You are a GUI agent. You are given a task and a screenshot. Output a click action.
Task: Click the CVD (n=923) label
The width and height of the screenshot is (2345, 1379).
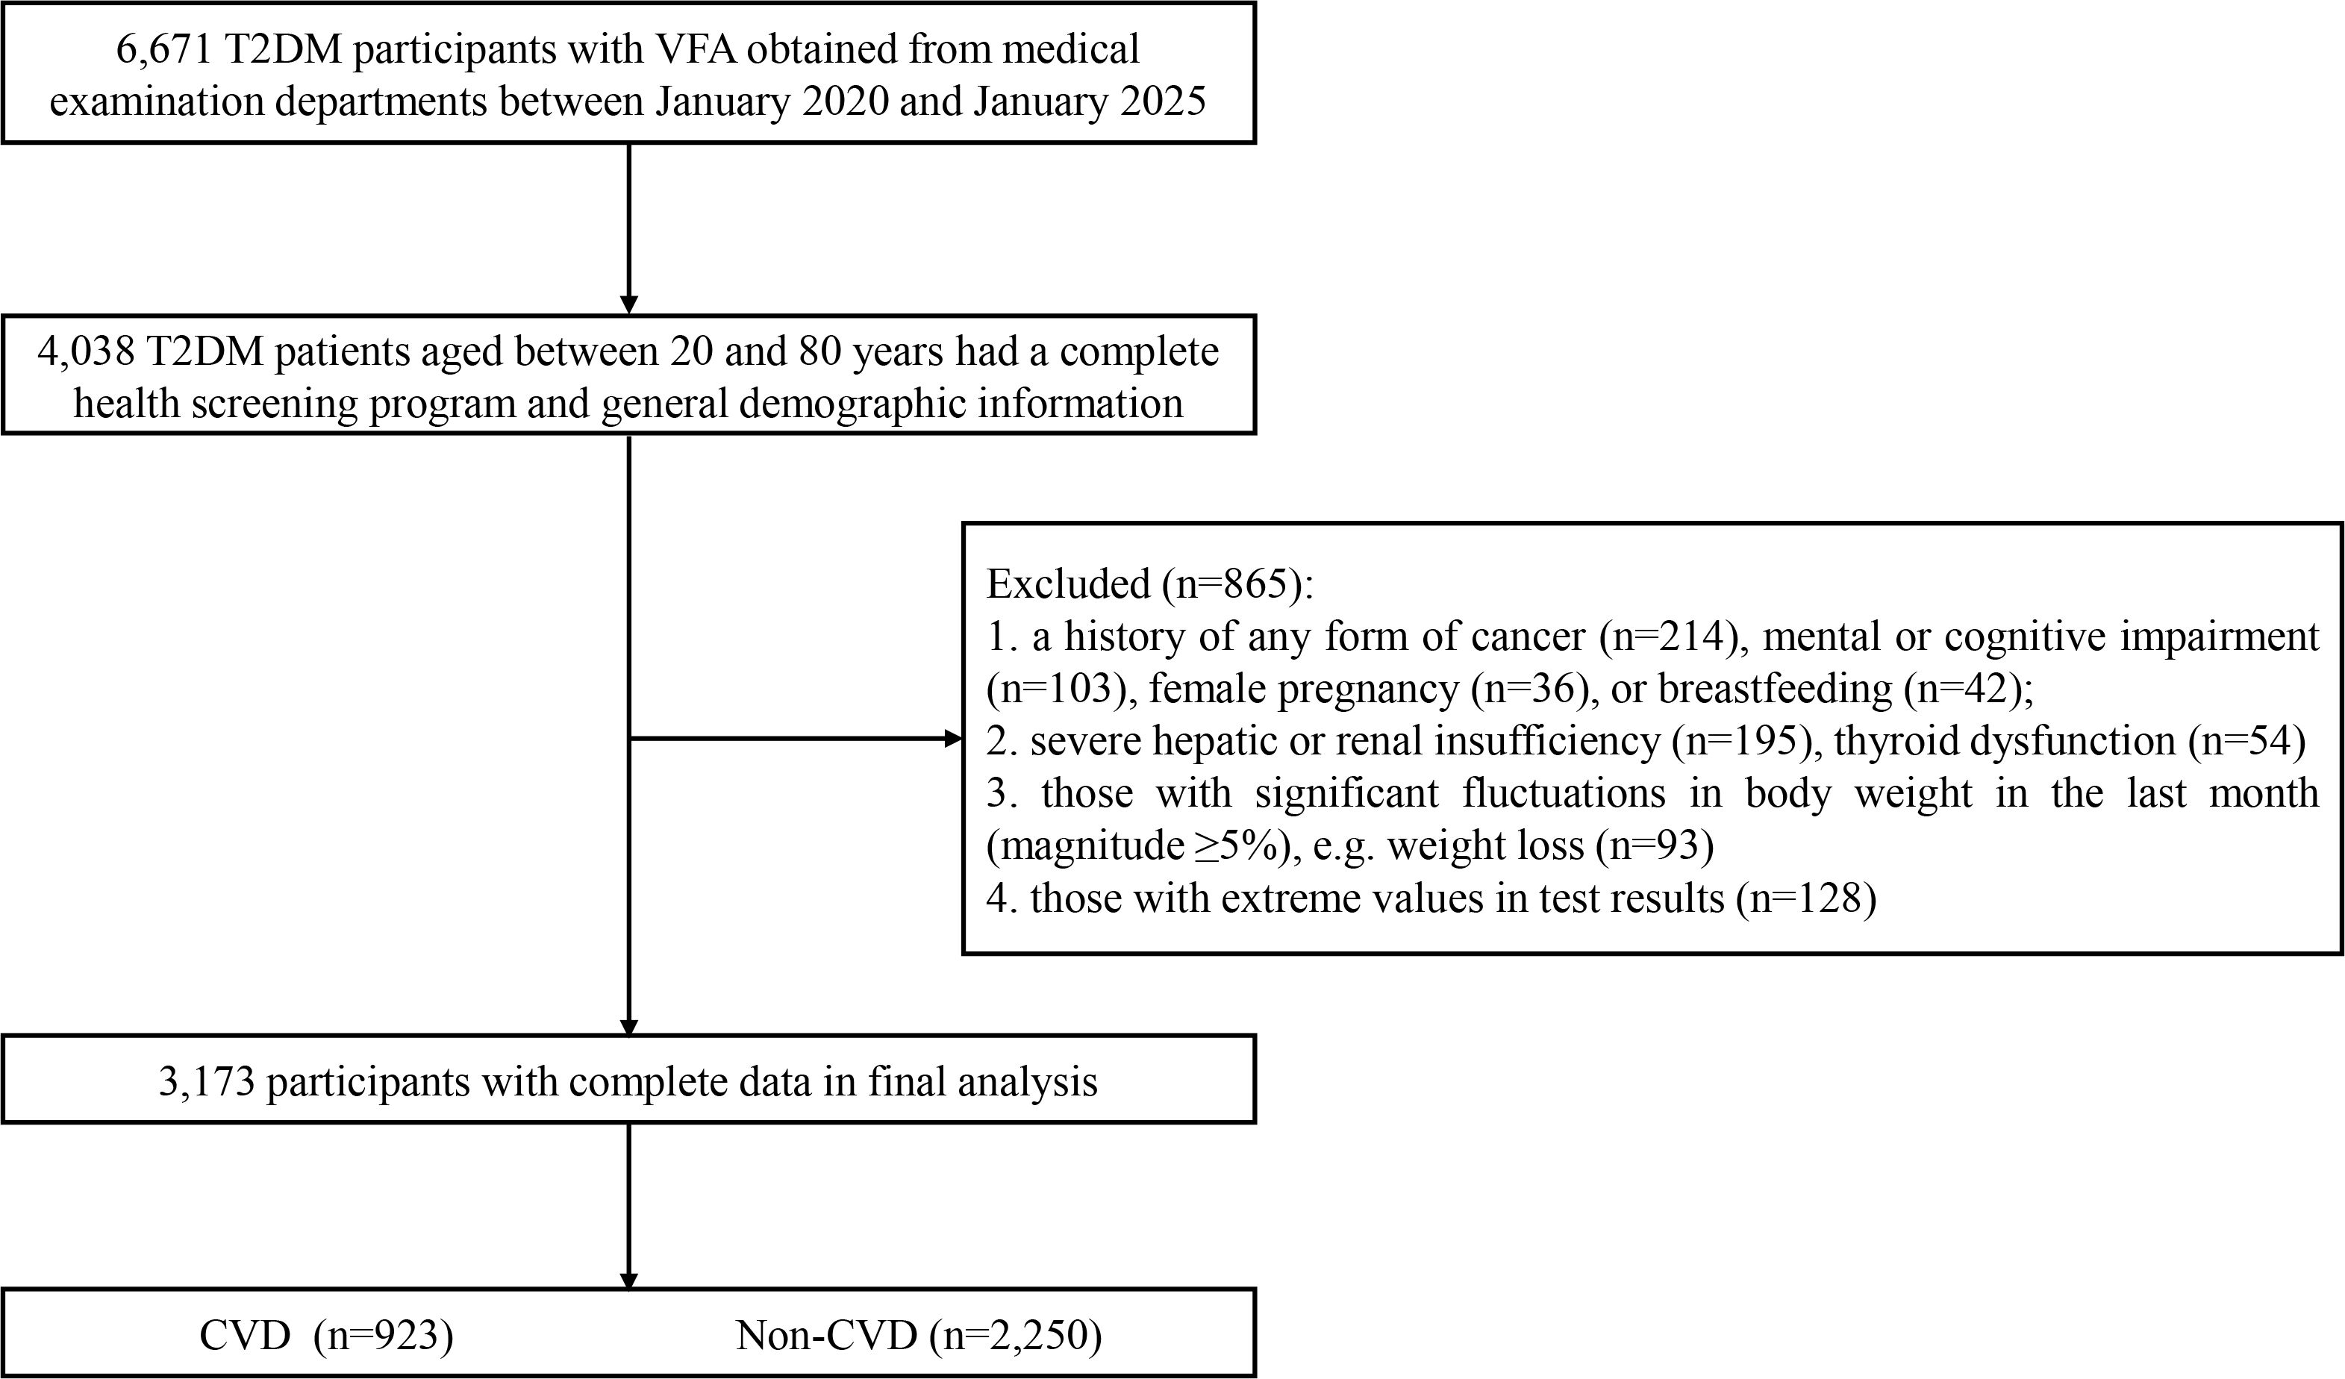click(x=325, y=1335)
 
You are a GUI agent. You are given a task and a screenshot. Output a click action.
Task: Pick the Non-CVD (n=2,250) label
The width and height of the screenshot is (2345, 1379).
click(x=919, y=1335)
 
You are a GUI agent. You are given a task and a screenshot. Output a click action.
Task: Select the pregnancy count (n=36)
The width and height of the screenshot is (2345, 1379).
click(x=1535, y=689)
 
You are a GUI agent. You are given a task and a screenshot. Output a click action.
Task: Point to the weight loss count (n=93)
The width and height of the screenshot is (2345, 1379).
click(x=1655, y=845)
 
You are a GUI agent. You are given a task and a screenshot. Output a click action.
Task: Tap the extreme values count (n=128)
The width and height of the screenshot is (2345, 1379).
click(x=1805, y=898)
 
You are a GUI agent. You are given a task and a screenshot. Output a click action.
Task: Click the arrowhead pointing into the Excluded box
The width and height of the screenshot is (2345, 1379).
click(x=953, y=739)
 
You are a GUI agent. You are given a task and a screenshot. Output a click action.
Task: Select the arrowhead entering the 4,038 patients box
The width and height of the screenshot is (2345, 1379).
click(x=629, y=305)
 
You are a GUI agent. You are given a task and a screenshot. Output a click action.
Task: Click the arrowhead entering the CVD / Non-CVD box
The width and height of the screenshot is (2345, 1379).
click(x=629, y=1282)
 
